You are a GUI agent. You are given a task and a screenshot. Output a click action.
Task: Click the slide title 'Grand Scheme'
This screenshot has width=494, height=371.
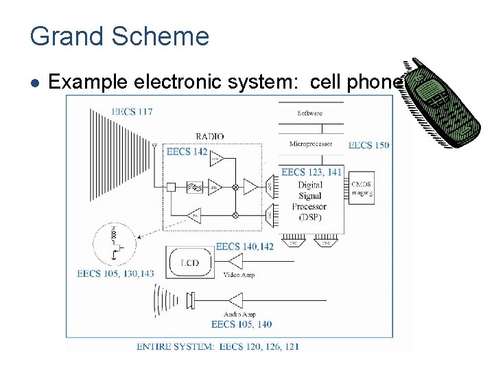(119, 36)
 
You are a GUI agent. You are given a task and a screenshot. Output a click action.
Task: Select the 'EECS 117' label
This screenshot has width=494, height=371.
(132, 111)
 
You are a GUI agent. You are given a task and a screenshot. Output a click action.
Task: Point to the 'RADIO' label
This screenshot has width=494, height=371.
(209, 136)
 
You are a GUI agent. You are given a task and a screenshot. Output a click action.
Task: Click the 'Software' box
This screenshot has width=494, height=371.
(310, 113)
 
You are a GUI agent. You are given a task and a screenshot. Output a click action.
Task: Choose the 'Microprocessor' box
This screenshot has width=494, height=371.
(310, 144)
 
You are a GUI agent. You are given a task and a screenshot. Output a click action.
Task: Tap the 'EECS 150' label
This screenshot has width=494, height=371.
(368, 145)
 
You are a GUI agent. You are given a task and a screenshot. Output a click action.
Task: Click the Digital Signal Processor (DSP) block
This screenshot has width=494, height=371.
(311, 201)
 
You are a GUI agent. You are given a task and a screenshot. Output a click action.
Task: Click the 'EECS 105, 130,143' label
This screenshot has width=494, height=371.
(115, 273)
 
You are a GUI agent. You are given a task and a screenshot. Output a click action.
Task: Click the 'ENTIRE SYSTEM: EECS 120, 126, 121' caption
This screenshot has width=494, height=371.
(217, 346)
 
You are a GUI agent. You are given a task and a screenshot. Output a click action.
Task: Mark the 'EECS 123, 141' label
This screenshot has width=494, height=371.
(311, 172)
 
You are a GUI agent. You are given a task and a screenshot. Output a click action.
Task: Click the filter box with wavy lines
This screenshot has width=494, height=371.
(195, 187)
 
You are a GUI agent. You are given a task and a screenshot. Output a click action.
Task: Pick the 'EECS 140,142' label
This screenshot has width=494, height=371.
(244, 246)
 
